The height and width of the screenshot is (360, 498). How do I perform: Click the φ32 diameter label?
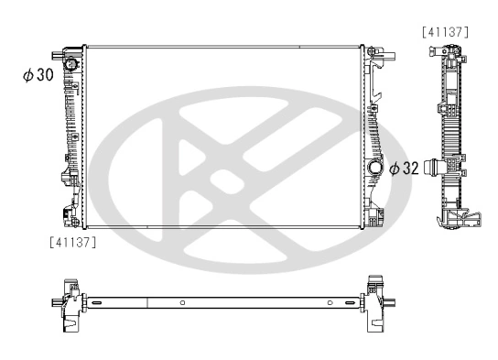coord(404,169)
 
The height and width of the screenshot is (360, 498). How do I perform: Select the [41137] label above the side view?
coord(446,32)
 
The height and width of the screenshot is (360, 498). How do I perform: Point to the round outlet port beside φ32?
coord(374,169)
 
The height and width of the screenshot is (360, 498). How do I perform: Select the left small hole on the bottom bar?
coord(182,303)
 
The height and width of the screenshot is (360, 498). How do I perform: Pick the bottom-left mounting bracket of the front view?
coord(68,216)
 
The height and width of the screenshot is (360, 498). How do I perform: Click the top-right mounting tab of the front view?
coord(382,57)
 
